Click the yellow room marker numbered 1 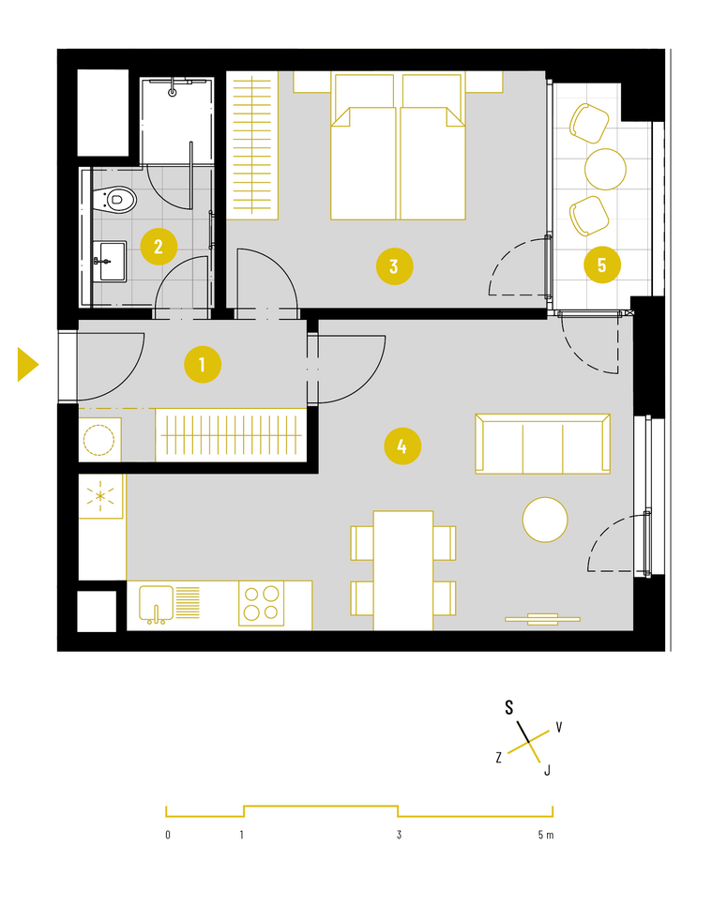(203, 365)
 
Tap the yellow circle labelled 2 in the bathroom (159, 247)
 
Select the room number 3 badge (394, 266)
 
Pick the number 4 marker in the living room (402, 446)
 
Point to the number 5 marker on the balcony (602, 265)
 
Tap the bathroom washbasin (109, 262)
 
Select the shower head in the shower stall (173, 92)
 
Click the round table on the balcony (605, 170)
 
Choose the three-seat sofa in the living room (542, 444)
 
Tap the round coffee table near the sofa (545, 520)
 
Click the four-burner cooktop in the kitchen (261, 603)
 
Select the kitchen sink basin (156, 604)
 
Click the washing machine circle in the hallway (98, 440)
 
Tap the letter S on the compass (509, 708)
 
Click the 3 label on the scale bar (399, 835)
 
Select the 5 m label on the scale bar (546, 835)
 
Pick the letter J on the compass (547, 770)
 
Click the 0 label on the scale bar (168, 835)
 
